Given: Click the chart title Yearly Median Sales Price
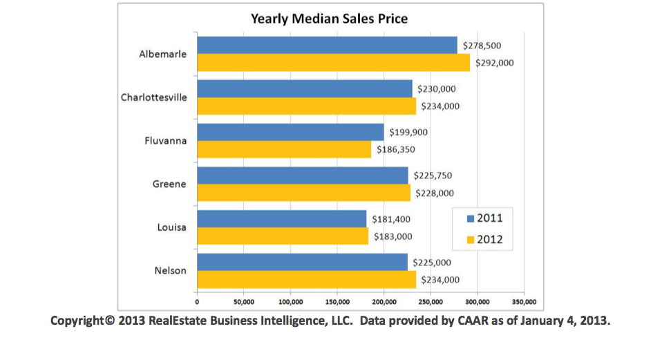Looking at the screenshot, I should pyautogui.click(x=329, y=19).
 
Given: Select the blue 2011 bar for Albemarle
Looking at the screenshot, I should pyautogui.click(x=327, y=46).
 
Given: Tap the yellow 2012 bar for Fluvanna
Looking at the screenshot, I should pyautogui.click(x=284, y=149).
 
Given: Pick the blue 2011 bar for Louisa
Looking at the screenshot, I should pyautogui.click(x=281, y=219).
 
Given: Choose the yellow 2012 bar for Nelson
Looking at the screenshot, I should pyautogui.click(x=306, y=280).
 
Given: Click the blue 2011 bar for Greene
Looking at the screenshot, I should pyautogui.click(x=302, y=176).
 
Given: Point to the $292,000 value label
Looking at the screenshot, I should pyautogui.click(x=494, y=63).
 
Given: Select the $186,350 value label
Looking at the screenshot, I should pyautogui.click(x=395, y=149).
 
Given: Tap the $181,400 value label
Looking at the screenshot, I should pyautogui.click(x=390, y=219).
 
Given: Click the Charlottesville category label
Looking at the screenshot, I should pyautogui.click(x=153, y=97).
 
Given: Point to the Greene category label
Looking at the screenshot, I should pyautogui.click(x=169, y=184).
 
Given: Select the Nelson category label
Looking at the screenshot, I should pyautogui.click(x=170, y=271).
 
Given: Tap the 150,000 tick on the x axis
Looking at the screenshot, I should pyautogui.click(x=337, y=302).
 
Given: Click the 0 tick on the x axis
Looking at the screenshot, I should pyautogui.click(x=197, y=302).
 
